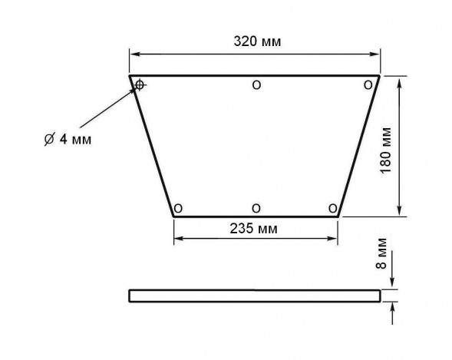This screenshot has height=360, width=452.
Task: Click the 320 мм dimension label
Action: tap(257, 41)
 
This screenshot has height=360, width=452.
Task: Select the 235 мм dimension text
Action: tap(254, 229)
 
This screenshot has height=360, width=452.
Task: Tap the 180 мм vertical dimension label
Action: tap(386, 150)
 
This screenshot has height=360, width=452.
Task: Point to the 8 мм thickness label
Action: tap(381, 253)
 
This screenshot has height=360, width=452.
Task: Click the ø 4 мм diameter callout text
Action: tap(68, 140)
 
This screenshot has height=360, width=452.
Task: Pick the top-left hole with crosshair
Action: tap(140, 84)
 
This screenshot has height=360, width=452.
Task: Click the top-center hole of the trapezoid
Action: tap(256, 85)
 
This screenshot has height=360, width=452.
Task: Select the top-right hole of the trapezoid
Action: tap(368, 85)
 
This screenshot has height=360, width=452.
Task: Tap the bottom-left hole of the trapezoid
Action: tap(178, 208)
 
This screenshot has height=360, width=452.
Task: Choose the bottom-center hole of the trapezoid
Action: tap(256, 208)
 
